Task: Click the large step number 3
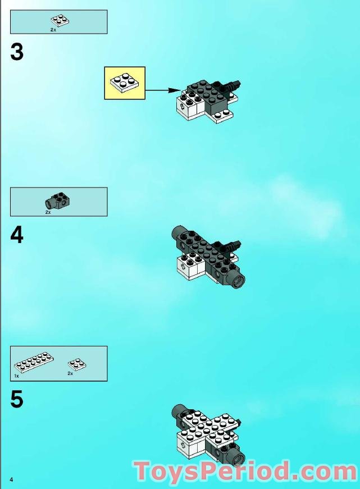17,52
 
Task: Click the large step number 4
17,235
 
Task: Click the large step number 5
17,400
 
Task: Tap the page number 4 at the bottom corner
11,478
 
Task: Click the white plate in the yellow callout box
125,82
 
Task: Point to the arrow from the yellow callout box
166,90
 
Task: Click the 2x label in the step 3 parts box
53,29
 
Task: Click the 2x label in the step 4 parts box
48,213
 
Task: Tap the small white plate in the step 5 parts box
77,364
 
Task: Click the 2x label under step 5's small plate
70,373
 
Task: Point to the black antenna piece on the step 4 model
231,245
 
